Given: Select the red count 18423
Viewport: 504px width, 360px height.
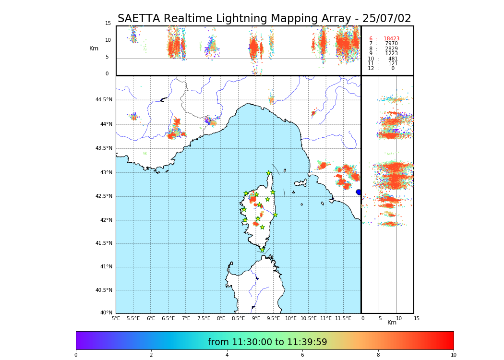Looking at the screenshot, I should coord(391,39).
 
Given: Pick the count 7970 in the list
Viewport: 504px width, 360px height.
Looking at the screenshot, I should coord(391,44).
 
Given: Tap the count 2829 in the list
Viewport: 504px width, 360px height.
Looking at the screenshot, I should coord(391,49).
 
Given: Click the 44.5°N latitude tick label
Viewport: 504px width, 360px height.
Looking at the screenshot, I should coord(104,100).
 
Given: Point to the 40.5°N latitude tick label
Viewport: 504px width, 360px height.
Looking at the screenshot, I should coord(104,290).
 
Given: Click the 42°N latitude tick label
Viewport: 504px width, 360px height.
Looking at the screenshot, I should coord(106,220).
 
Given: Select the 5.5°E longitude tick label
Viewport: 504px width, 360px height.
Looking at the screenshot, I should coord(133,319).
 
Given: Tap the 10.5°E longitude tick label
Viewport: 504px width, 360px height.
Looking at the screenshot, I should coord(309,319).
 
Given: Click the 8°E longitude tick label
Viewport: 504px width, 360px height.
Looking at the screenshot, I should coord(221,319).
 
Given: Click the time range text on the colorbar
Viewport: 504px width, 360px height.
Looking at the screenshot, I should coord(267,342).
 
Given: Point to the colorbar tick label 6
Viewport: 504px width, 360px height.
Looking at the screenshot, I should coord(302,355).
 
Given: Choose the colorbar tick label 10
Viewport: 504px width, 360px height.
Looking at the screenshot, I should coord(453,355).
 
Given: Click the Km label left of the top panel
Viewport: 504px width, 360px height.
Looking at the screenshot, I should coord(94,48).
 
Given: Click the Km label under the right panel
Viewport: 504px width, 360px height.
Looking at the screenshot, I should coord(392,323).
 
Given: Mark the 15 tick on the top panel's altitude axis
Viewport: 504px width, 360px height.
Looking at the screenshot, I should coord(108,24).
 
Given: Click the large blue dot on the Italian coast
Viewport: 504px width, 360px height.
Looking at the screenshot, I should coord(359,192).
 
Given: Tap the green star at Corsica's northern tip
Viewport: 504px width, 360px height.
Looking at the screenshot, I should coord(269,173).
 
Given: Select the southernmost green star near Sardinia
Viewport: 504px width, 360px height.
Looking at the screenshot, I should coord(262,250).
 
